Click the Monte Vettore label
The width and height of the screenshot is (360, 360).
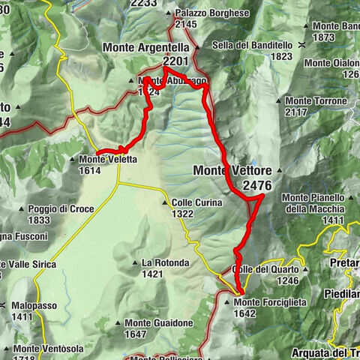click(x=232, y=171)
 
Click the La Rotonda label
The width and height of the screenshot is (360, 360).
click(x=161, y=263)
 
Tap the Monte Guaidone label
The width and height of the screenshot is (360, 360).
click(x=158, y=323)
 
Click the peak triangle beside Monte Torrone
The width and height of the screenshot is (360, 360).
click(x=279, y=100)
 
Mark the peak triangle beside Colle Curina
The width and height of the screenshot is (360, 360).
click(x=165, y=202)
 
